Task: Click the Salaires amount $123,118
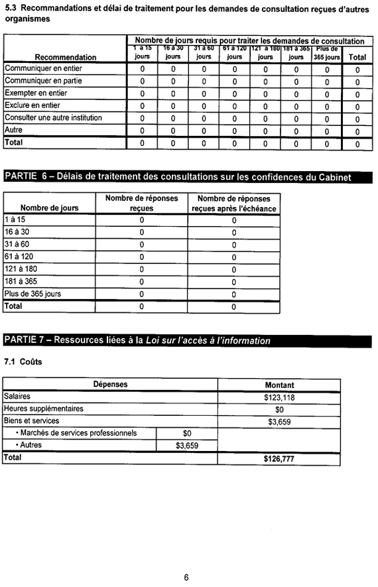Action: tap(279, 397)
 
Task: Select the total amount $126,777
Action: tap(279, 458)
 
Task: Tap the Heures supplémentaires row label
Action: tap(44, 409)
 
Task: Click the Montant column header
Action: tap(279, 385)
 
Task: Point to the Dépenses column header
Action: tap(110, 385)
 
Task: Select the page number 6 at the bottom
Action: tap(187, 577)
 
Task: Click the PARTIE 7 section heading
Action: tap(138, 340)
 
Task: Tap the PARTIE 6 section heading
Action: tap(178, 176)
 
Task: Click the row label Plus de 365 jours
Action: tap(32, 294)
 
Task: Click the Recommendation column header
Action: tap(66, 57)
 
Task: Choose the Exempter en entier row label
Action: tap(37, 93)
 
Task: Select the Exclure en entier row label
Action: tap(32, 105)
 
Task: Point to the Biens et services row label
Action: tap(31, 421)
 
